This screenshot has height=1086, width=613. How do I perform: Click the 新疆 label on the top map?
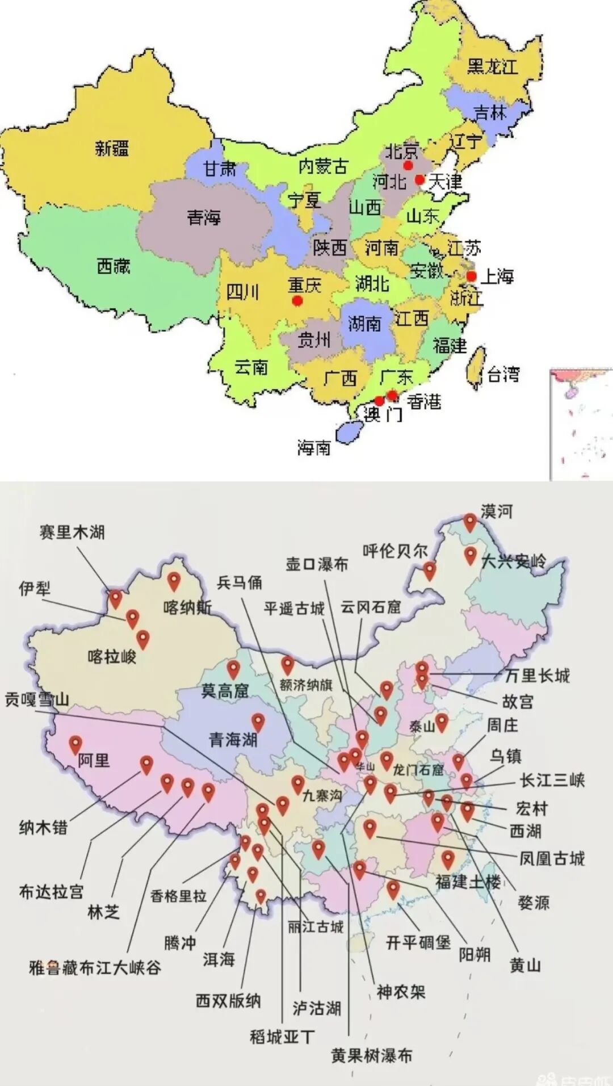tap(112, 149)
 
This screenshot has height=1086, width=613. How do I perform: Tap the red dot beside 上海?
tap(471, 276)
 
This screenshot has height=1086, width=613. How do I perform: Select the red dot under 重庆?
tap(297, 301)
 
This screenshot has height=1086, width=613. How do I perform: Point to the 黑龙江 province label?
tap(493, 66)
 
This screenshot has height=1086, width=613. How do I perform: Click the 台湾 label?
tap(503, 374)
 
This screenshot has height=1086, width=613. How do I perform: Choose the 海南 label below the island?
tap(313, 448)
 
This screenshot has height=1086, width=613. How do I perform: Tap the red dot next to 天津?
tap(419, 180)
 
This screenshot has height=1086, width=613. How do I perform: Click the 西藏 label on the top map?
tap(114, 266)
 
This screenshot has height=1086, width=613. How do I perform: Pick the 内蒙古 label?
tap(323, 166)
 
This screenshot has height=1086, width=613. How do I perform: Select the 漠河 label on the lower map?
tap(496, 511)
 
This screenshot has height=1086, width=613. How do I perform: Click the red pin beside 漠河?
tap(470, 522)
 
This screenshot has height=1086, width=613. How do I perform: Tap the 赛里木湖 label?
tap(72, 532)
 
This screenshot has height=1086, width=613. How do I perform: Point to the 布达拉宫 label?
tap(51, 892)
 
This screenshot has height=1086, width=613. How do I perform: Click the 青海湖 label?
tap(233, 739)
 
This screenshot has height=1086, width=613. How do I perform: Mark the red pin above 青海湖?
tap(258, 722)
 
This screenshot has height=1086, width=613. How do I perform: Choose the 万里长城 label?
tap(537, 676)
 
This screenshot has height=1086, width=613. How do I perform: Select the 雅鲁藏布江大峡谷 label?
tap(95, 967)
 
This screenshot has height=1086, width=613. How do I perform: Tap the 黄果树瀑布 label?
tap(372, 1056)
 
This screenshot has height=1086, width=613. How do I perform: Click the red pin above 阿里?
tap(75, 744)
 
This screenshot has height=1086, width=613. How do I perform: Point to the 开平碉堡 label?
tap(418, 943)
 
